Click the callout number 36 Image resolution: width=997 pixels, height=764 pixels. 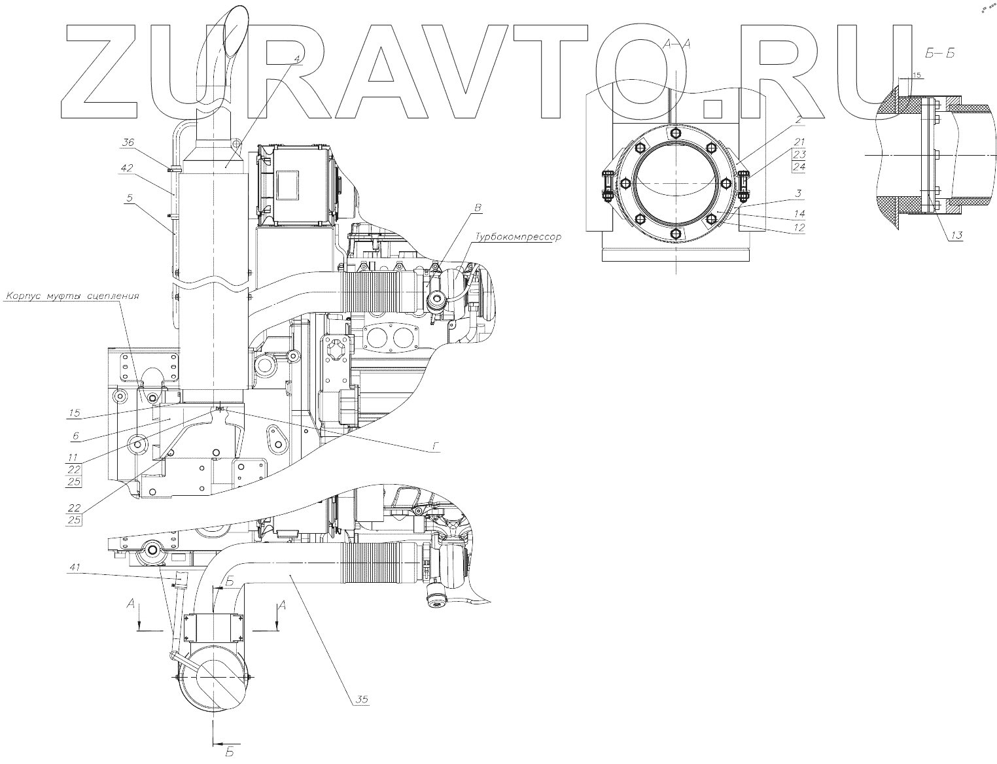point(128,143)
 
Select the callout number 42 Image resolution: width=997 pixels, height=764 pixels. point(127,168)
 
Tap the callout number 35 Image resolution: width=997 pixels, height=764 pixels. point(362,699)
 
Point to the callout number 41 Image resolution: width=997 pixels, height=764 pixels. point(75,567)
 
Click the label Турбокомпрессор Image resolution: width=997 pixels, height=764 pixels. point(518,237)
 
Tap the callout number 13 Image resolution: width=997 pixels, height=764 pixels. point(956,235)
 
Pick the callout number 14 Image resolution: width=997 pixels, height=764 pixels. point(799,213)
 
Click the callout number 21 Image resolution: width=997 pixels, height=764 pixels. point(799,142)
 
